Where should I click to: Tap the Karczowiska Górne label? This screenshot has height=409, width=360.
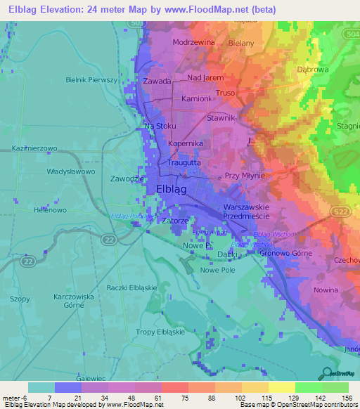[73, 301]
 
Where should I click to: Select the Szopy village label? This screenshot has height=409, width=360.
[20, 299]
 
